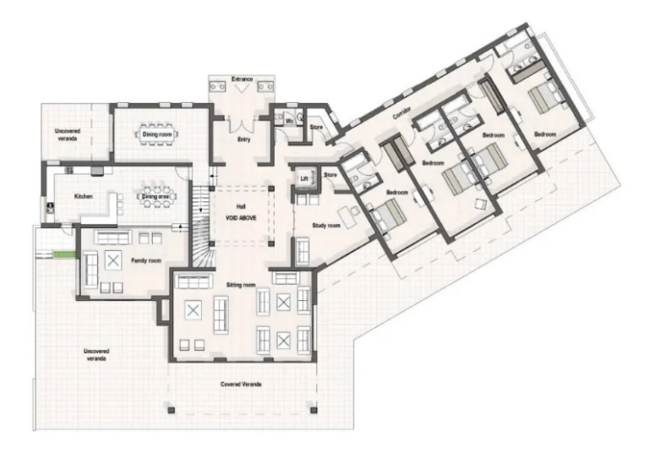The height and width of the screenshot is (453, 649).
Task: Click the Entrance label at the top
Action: coord(242,79)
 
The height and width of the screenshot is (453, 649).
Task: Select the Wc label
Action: coord(288,122)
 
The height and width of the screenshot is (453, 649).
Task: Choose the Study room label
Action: coord(327,226)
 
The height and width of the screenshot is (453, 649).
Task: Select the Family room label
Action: coord(145,261)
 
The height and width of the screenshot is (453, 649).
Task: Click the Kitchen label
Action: coord(83,196)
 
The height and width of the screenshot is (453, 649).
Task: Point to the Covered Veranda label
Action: coord(241,385)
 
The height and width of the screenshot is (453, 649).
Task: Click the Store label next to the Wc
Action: coord(316,128)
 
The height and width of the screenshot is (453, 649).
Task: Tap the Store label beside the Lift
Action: coord(330,175)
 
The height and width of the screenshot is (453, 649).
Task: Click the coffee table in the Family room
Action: coord(112,261)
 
